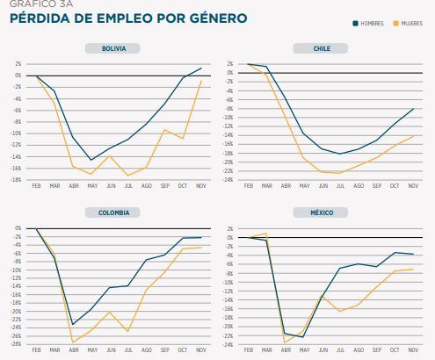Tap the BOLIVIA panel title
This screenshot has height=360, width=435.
[112, 49]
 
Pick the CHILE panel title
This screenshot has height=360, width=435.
[323, 49]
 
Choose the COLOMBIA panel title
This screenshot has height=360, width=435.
[112, 212]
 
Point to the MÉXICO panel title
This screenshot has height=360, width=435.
[323, 212]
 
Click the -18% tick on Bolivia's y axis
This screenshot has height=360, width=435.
[17, 180]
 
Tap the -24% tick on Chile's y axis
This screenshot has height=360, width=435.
[229, 180]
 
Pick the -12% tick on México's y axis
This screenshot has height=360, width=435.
[229, 292]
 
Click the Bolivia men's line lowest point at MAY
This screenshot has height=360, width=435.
[91, 160]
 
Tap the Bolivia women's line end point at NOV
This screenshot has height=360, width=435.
[201, 81]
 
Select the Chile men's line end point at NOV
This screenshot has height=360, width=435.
[413, 109]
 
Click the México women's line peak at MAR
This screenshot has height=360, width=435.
[266, 234]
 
